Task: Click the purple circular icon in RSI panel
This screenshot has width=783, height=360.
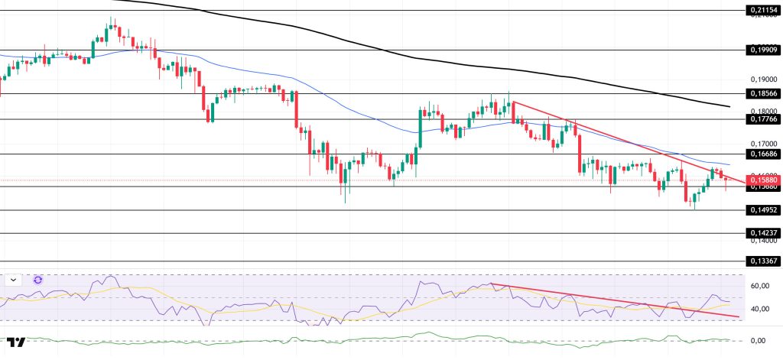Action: pyautogui.click(x=37, y=280)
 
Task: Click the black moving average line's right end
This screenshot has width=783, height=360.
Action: pyautogui.click(x=729, y=106)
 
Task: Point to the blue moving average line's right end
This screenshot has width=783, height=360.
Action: pyautogui.click(x=729, y=164)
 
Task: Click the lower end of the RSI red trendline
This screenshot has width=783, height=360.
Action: pyautogui.click(x=739, y=316)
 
